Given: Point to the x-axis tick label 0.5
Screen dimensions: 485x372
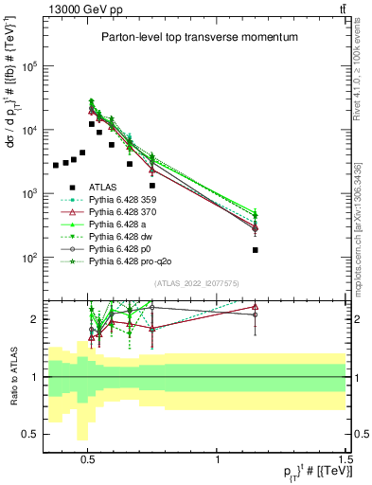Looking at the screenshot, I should coord(88,458).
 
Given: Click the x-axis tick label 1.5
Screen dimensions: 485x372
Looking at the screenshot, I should coord(346,458).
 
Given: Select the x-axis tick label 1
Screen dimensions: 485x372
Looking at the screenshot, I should coord(218,458).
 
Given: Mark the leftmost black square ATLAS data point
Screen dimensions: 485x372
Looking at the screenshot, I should coord(56,166).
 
